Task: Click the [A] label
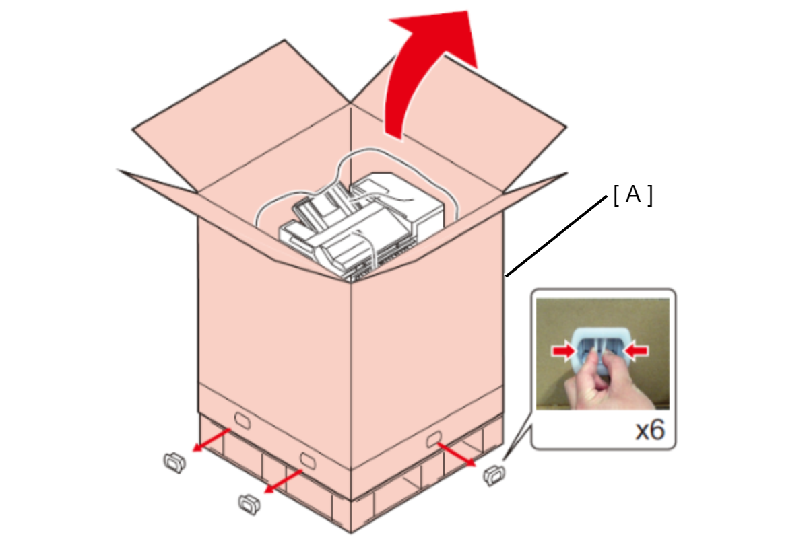[x=633, y=195]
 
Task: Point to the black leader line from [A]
[x=556, y=236]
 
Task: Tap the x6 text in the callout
[x=650, y=430]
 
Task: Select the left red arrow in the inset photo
[x=563, y=351]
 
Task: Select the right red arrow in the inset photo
[x=637, y=351]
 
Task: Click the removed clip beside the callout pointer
[x=494, y=475]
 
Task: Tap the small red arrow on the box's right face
[x=456, y=454]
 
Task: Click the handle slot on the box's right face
[x=433, y=439]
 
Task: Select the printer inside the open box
[x=362, y=224]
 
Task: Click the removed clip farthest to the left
[x=174, y=462]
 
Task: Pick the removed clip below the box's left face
[x=249, y=505]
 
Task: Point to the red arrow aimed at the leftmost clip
[x=211, y=440]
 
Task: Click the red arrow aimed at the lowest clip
[x=283, y=481]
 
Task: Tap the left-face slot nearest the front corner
[x=308, y=461]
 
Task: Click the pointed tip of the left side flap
[x=118, y=170]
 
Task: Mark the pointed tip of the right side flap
[x=566, y=173]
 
